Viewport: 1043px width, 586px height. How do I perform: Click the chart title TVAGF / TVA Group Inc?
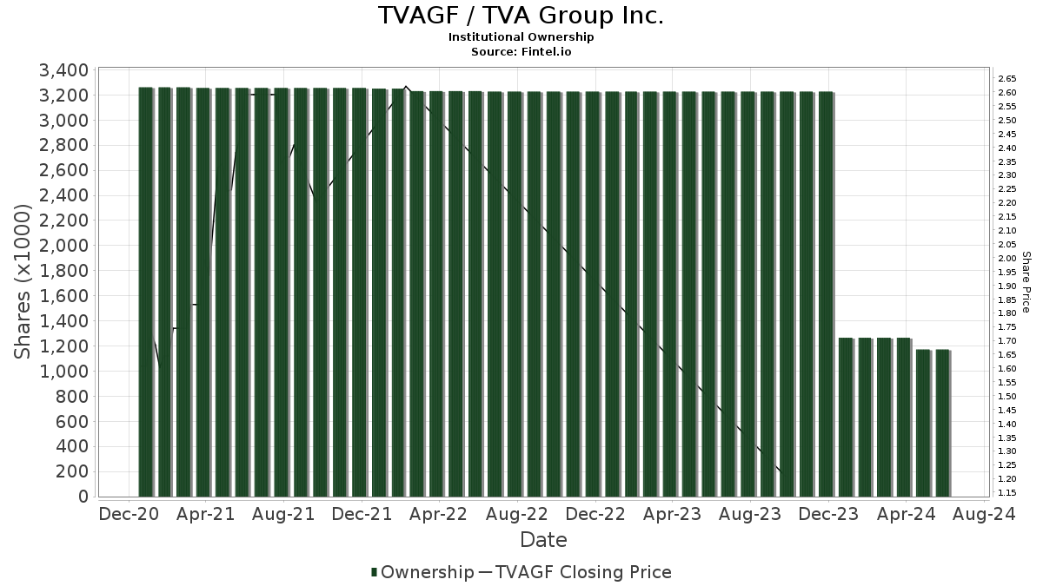521,16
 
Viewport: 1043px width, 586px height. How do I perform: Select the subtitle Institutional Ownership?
521,37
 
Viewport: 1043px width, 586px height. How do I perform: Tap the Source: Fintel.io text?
521,51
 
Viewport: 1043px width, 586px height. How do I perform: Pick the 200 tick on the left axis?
75,471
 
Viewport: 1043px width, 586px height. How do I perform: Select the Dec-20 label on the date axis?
129,514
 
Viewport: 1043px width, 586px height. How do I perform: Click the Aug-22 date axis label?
516,514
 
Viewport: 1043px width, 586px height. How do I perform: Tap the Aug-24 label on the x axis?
984,514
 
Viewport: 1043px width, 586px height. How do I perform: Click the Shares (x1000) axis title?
23,282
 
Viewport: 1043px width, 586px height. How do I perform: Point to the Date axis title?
543,540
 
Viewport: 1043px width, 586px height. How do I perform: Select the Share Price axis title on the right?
1026,282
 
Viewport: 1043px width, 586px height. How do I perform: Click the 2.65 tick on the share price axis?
1006,78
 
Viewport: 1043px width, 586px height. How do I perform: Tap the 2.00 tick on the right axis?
1006,258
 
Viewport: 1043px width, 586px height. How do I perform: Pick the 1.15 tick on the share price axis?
1006,493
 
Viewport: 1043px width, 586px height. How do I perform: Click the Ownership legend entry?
422,572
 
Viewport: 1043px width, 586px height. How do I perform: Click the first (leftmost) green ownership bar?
145,292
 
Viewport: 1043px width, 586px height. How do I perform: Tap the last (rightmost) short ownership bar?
942,423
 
